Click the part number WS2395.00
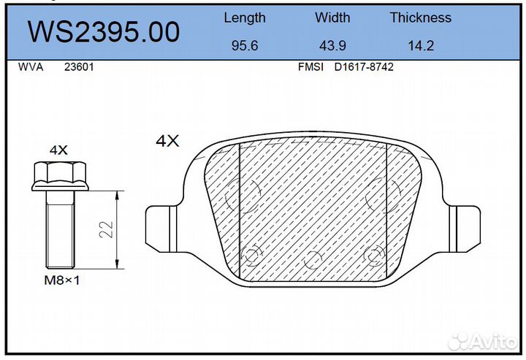click(104, 32)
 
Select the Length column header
click(245, 18)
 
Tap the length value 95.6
click(245, 45)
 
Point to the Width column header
click(332, 18)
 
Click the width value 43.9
click(332, 45)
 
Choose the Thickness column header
click(421, 18)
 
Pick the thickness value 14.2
click(421, 45)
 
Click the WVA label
click(31, 67)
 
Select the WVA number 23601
click(79, 67)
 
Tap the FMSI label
click(310, 67)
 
